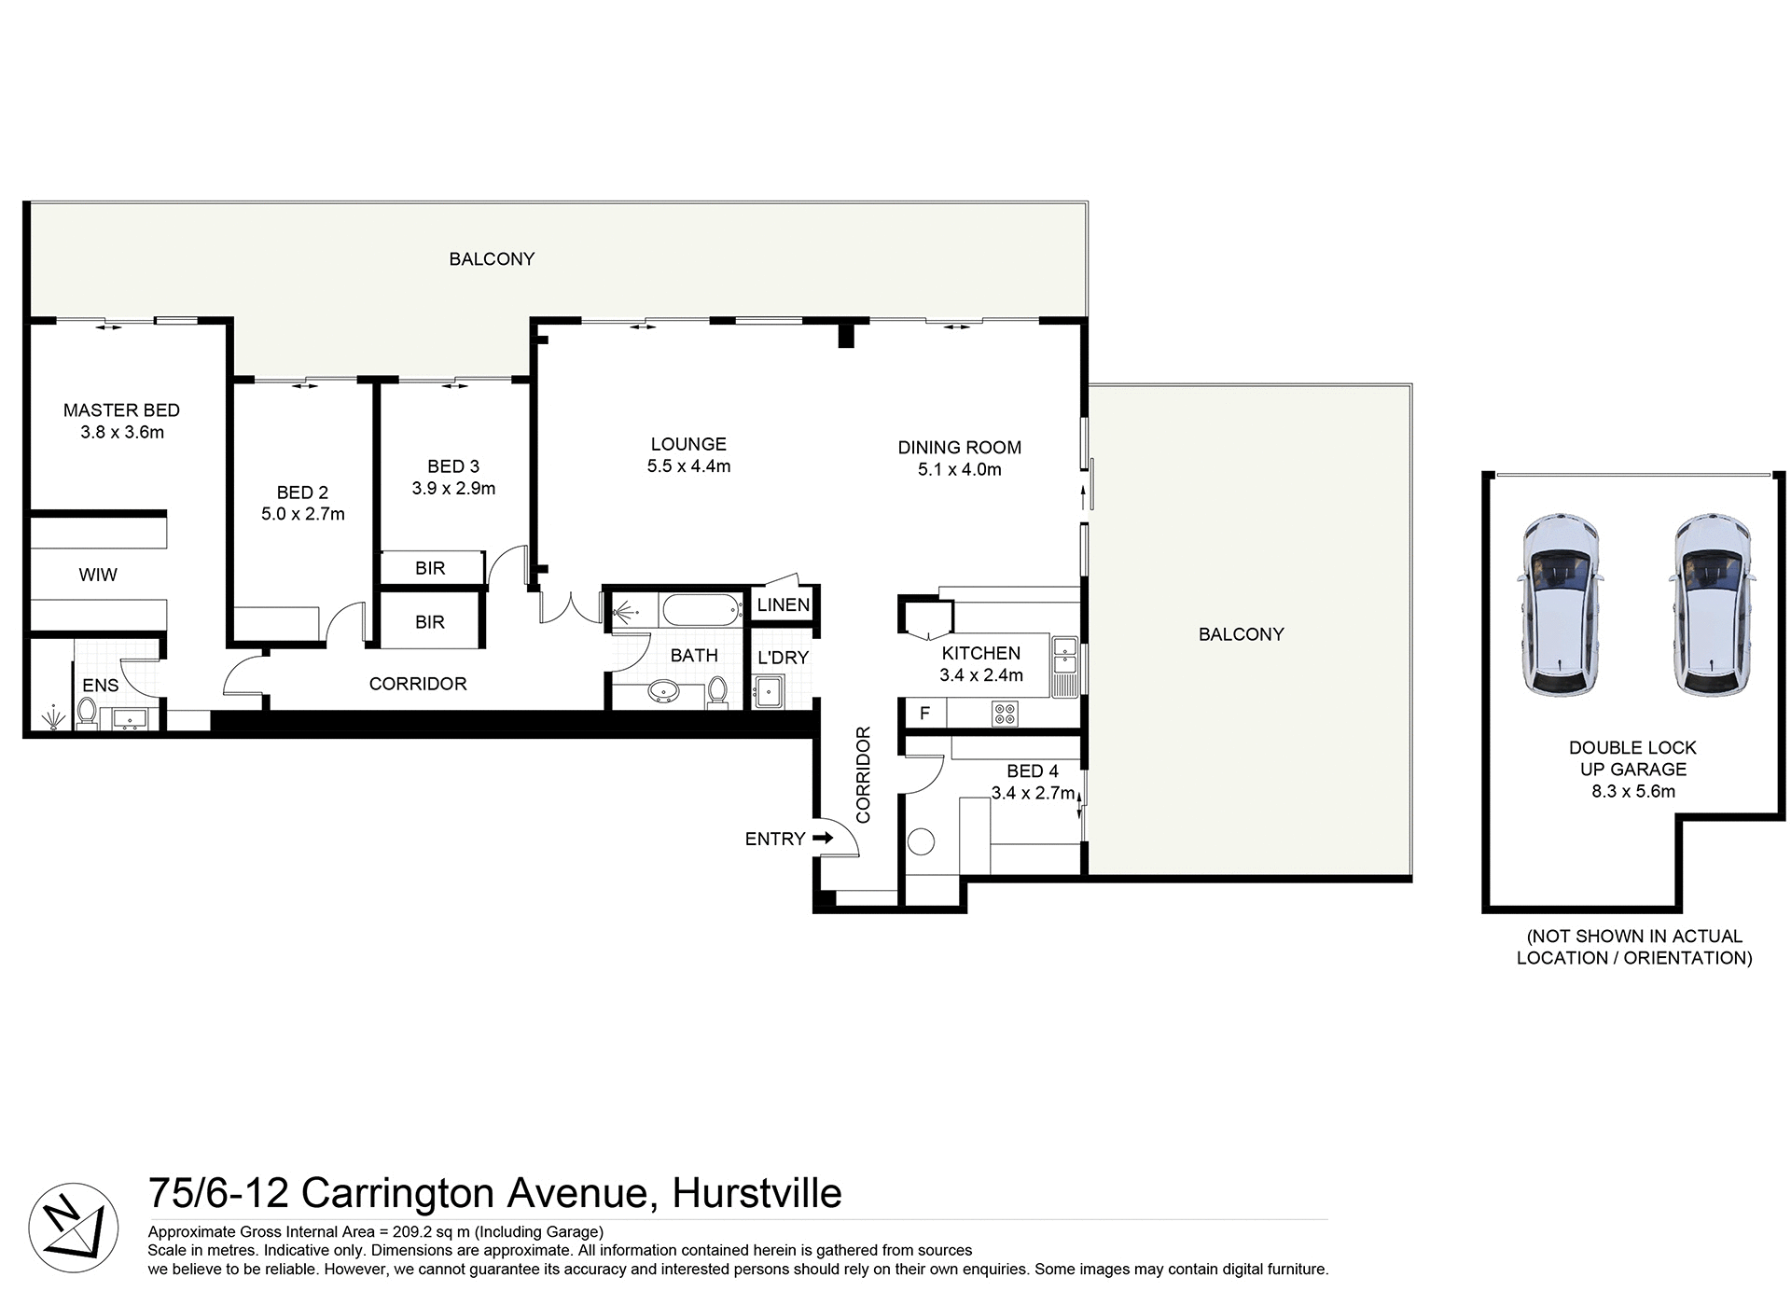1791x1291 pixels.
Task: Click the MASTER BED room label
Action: pyautogui.click(x=121, y=410)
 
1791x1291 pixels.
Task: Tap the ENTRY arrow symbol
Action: pyautogui.click(x=823, y=838)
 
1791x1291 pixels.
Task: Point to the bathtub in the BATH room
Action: pyautogui.click(x=701, y=612)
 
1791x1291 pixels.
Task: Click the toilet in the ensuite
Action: pyautogui.click(x=87, y=714)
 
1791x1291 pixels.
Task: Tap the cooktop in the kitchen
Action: pyautogui.click(x=1006, y=715)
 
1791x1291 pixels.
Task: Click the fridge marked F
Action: pyautogui.click(x=924, y=714)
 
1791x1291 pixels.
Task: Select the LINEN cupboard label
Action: pyautogui.click(x=783, y=605)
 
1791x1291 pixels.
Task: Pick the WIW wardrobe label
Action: pyautogui.click(x=98, y=575)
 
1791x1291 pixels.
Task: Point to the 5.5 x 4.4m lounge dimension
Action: pyautogui.click(x=688, y=466)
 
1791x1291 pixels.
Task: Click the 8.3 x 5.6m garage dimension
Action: pyautogui.click(x=1632, y=792)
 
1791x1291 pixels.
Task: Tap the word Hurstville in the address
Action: pyautogui.click(x=757, y=1193)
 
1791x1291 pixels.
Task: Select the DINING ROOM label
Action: pyautogui.click(x=959, y=448)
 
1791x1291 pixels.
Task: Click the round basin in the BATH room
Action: pyautogui.click(x=663, y=692)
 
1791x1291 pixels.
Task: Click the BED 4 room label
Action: pyautogui.click(x=1032, y=771)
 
